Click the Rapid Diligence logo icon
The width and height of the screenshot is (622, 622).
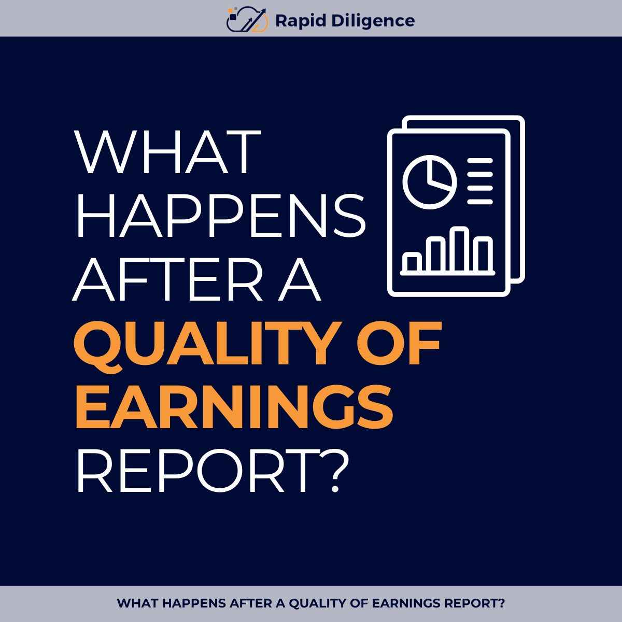247,20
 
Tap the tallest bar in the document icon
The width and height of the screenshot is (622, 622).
459,249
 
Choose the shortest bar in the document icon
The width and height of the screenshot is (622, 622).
412,263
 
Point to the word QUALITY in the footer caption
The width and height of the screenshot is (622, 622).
317,603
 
